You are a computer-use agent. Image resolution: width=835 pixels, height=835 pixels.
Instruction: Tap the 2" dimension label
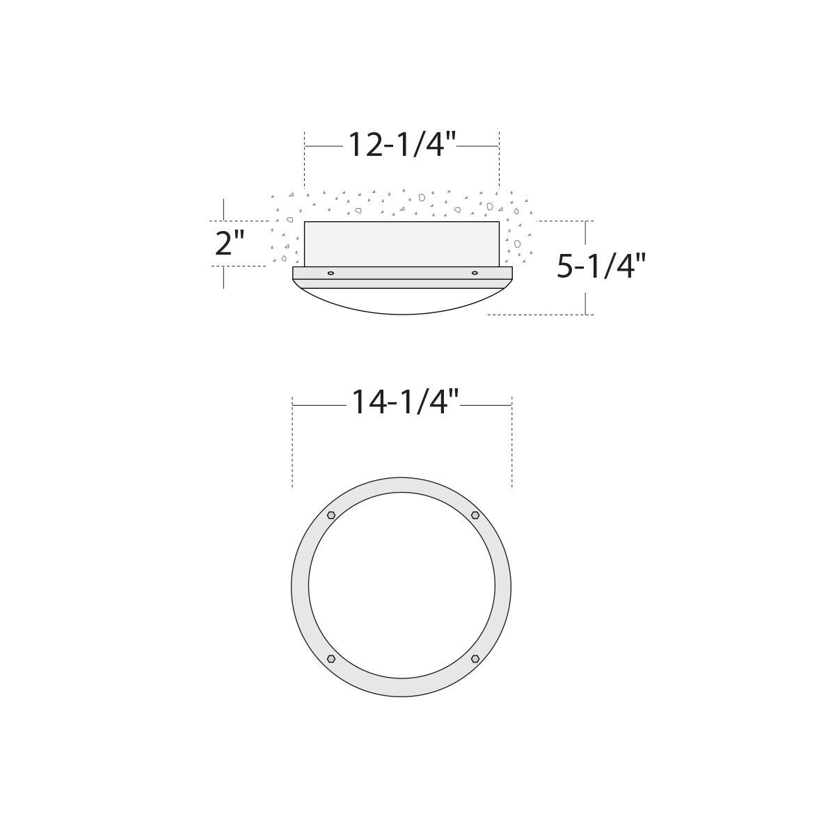230,243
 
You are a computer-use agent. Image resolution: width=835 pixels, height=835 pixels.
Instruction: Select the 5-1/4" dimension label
601,266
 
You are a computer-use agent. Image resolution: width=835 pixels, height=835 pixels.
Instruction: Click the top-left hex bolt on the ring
331,515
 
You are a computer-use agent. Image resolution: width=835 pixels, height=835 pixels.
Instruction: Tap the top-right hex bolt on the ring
475,515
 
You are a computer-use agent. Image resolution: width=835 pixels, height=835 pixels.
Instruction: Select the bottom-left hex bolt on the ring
331,659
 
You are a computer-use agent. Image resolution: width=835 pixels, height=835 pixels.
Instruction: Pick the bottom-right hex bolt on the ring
475,659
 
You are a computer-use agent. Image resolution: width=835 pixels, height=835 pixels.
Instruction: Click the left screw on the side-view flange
331,273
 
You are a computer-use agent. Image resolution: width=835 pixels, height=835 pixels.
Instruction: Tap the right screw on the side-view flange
475,273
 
